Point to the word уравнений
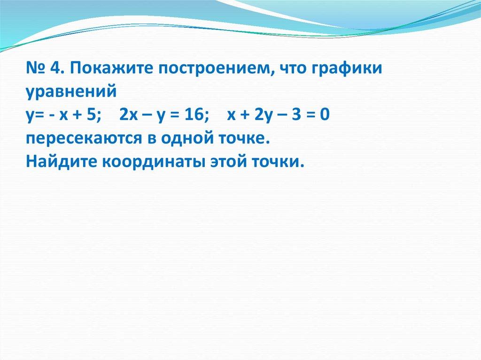click(70, 92)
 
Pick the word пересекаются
click(82, 139)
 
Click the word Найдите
click(61, 162)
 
